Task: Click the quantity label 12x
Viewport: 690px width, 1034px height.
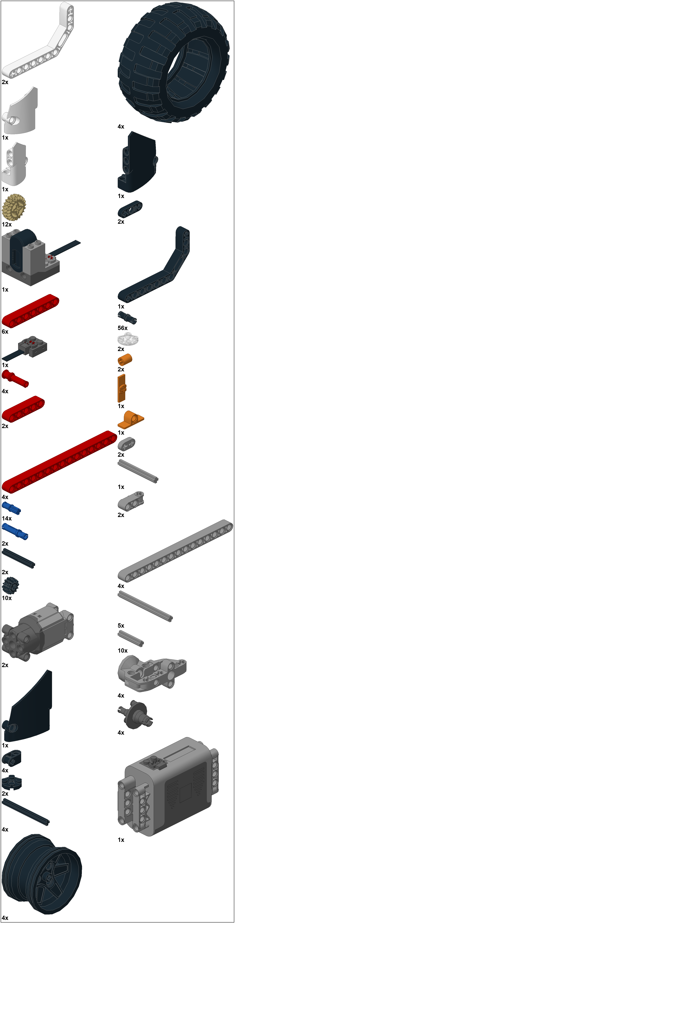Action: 7,224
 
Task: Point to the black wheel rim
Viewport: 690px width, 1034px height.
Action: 42,874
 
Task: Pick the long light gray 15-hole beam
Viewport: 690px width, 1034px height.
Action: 175,550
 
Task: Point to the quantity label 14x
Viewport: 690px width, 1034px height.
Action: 7,518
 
